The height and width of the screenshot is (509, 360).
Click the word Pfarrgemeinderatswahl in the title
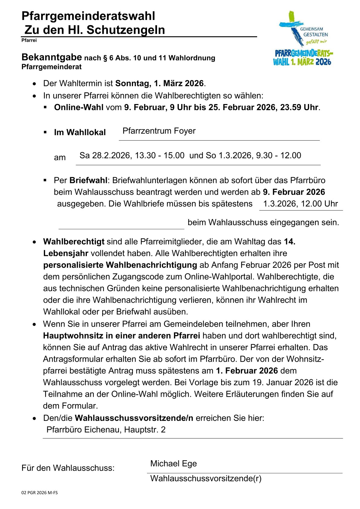click(x=88, y=16)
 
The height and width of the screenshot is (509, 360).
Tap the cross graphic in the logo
click(x=291, y=27)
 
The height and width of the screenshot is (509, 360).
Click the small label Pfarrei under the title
click(x=29, y=40)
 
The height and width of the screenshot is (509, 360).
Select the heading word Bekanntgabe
click(x=52, y=57)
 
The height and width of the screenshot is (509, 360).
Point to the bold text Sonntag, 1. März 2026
click(x=159, y=83)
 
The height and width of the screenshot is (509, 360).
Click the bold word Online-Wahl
click(x=79, y=107)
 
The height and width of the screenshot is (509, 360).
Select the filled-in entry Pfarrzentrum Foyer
click(x=159, y=131)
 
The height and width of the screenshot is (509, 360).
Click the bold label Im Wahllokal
click(x=80, y=132)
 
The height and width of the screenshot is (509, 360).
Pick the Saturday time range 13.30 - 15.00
click(x=159, y=155)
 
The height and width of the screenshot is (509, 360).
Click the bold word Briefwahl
click(x=88, y=181)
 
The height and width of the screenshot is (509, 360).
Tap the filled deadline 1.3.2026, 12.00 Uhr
click(x=300, y=204)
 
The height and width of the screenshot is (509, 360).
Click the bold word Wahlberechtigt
click(x=74, y=242)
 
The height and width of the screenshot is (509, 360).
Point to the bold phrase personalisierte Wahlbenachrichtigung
click(x=120, y=265)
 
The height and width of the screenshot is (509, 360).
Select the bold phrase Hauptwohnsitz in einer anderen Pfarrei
click(x=121, y=336)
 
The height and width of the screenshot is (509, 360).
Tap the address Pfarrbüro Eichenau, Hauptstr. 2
click(x=106, y=430)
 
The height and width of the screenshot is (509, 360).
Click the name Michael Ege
click(x=173, y=464)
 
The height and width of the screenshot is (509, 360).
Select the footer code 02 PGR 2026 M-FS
click(x=39, y=493)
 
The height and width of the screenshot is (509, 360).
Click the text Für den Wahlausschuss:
click(x=68, y=468)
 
